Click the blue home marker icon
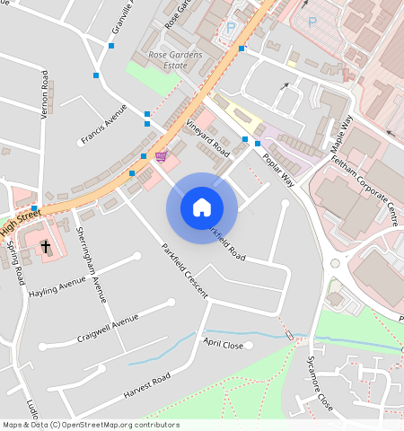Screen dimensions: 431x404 [202, 207]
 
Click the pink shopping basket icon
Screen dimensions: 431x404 [161, 156]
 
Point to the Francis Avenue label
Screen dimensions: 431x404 [104, 129]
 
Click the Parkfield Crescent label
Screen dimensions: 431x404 [184, 271]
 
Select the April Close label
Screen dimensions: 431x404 [223, 344]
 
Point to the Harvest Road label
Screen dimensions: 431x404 [136, 389]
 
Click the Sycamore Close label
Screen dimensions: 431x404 [319, 383]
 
